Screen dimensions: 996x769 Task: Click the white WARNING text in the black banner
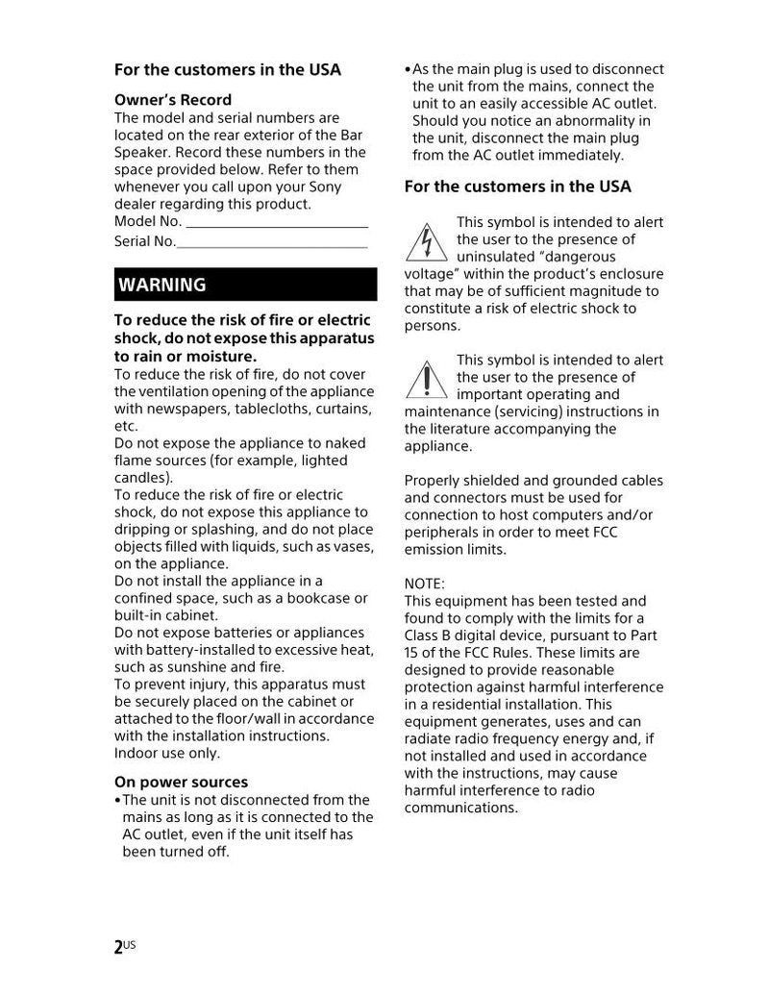[162, 285]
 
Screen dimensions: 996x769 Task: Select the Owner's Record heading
[173, 100]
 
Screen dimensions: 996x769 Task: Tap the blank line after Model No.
[277, 223]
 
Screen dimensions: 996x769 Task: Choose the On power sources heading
[181, 782]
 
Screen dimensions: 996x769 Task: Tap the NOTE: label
[425, 584]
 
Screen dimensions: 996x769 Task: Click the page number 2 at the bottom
[118, 948]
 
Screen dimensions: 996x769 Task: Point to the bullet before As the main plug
[408, 70]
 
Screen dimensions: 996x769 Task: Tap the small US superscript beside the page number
[130, 944]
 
